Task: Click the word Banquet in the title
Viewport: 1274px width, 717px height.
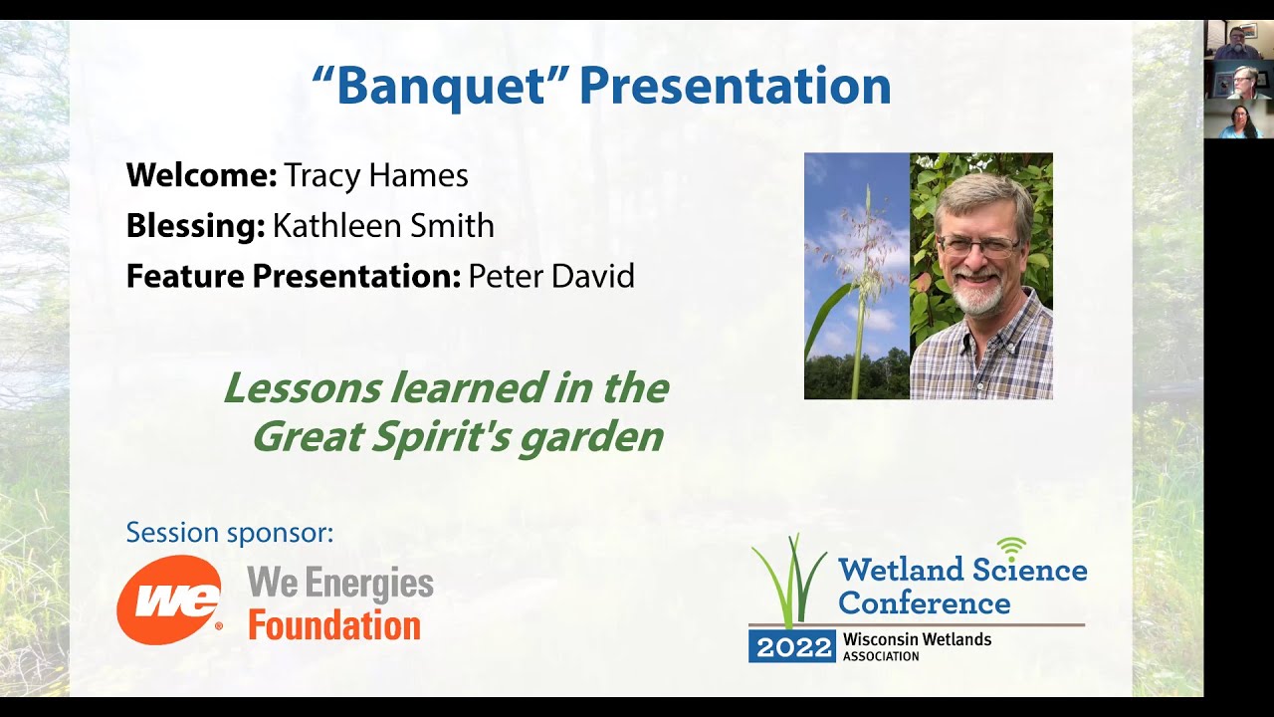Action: (441, 86)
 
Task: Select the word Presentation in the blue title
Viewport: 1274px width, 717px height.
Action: (735, 86)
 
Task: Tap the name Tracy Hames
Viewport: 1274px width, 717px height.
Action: (375, 176)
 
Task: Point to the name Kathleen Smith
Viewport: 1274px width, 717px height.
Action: (383, 226)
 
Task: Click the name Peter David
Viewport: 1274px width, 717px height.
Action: (550, 276)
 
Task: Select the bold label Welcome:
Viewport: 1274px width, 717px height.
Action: (201, 176)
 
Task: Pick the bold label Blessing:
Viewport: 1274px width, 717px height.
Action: (195, 226)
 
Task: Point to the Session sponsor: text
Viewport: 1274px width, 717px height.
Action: (230, 533)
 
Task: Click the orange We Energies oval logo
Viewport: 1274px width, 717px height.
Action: (169, 599)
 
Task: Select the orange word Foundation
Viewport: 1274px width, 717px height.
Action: (334, 626)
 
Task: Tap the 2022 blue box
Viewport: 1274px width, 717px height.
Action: (792, 647)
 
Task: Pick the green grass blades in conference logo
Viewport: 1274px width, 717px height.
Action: (789, 583)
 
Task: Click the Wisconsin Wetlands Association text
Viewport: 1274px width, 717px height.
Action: (916, 646)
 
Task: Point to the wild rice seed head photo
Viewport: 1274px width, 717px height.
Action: (857, 276)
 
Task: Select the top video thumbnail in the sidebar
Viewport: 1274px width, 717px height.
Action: (1238, 39)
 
